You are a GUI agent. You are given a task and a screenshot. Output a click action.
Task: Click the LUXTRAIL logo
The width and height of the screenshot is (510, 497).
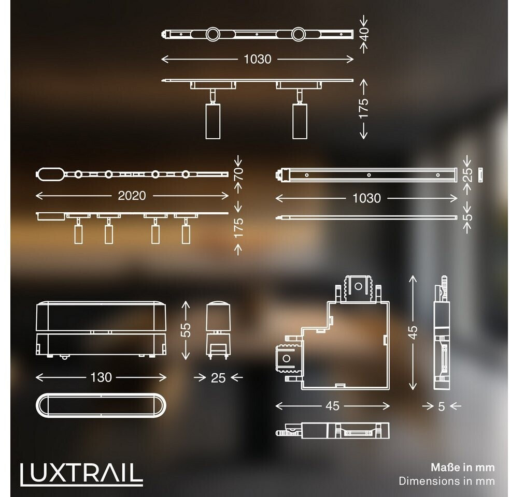tap(81, 474)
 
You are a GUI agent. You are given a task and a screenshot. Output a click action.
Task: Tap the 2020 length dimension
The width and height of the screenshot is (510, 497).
tap(132, 196)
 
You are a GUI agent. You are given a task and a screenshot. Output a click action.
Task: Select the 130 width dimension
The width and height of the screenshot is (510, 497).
tap(101, 377)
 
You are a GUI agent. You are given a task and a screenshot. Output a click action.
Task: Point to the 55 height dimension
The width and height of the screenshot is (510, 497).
tap(186, 330)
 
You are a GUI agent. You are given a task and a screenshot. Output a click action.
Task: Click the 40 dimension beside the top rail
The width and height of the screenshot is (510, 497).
tap(364, 34)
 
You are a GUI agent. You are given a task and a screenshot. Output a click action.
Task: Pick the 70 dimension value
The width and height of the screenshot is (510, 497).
tap(238, 174)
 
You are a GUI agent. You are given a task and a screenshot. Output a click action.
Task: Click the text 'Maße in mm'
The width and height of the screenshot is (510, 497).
tap(462, 467)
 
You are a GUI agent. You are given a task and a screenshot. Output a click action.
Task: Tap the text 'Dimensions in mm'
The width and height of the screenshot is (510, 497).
tap(447, 481)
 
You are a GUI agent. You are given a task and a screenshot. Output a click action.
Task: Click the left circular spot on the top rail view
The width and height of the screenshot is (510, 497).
tap(212, 34)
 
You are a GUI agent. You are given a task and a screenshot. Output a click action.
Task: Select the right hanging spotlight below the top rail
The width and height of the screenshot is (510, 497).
tap(300, 121)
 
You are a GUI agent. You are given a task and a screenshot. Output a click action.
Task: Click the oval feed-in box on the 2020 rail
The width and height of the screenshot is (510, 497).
tap(50, 174)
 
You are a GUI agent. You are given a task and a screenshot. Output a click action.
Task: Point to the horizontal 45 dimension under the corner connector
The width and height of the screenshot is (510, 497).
tap(332, 406)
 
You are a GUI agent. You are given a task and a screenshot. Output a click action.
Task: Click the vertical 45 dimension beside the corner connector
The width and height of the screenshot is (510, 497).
tap(413, 332)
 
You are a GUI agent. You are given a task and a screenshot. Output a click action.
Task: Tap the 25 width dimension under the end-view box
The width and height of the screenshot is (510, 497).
tap(218, 378)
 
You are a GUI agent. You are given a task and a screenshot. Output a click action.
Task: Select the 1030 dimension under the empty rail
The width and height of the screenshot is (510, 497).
tap(366, 198)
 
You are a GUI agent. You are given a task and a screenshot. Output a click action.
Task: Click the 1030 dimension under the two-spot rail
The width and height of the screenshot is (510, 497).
tap(257, 59)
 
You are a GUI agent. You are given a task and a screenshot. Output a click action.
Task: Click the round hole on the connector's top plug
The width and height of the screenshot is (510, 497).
tap(358, 286)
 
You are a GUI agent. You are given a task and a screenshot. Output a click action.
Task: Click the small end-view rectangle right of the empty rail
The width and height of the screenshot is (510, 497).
tap(480, 175)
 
